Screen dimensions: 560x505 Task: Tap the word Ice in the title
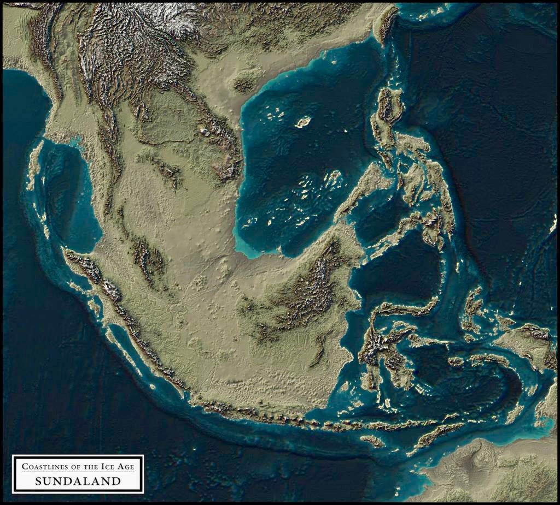106,466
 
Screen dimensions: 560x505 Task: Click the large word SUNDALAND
78,481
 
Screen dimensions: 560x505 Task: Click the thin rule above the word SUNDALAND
78,473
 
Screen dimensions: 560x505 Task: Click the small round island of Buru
456,361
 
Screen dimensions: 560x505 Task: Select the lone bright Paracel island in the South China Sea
302,122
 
